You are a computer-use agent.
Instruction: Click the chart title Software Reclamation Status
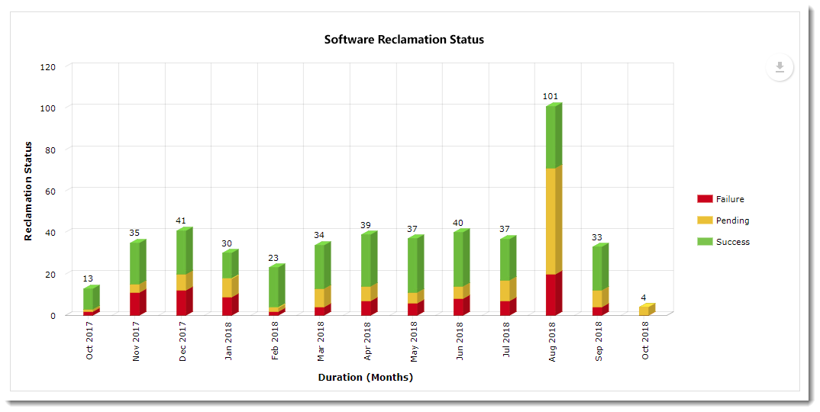(404, 40)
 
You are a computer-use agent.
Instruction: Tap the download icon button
(780, 67)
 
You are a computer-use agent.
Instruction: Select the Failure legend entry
(720, 199)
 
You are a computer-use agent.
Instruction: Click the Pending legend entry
(722, 220)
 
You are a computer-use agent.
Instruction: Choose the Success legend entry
(722, 242)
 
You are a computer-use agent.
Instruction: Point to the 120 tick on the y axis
(48, 66)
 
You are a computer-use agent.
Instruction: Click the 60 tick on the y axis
(50, 190)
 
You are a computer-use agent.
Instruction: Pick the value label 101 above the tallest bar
(550, 97)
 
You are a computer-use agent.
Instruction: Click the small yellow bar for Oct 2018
(645, 311)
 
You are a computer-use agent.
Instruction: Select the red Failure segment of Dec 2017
(182, 302)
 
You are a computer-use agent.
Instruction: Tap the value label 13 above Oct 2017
(89, 279)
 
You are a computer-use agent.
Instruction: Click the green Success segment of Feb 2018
(275, 287)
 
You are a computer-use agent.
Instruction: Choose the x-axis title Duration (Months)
(365, 378)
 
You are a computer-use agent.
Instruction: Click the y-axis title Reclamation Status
(28, 191)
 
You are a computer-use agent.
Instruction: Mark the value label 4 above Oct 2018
(644, 298)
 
